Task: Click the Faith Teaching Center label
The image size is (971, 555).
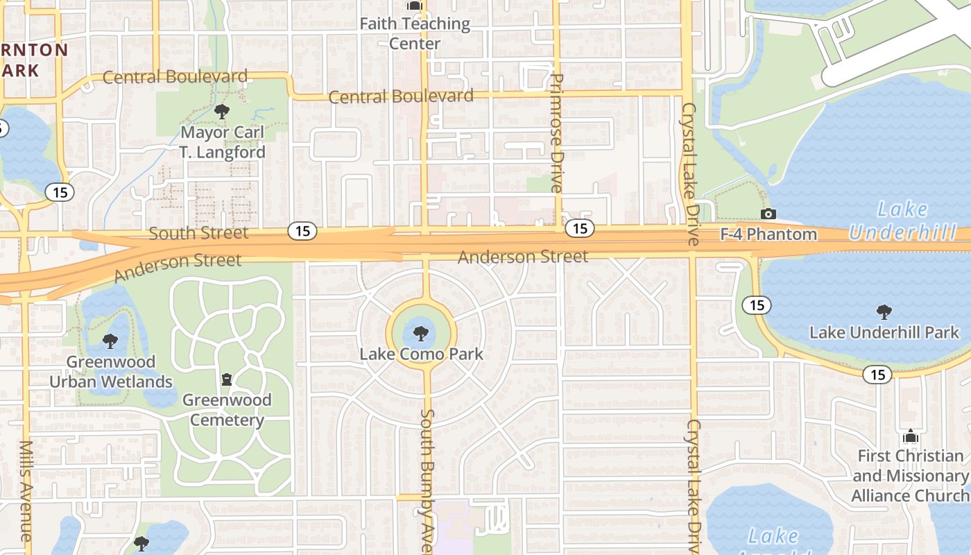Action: (415, 33)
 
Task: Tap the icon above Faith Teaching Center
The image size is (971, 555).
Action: (415, 6)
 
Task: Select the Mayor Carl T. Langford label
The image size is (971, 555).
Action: (223, 142)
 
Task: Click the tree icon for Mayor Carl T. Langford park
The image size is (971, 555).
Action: (222, 111)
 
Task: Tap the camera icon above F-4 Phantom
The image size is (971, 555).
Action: (768, 214)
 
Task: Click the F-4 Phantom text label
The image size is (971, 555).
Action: (768, 234)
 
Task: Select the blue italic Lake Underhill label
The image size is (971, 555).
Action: (902, 221)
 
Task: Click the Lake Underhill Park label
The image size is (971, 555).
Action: (884, 332)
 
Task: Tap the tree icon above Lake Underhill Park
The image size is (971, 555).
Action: (884, 311)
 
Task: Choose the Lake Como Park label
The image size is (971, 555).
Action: (421, 354)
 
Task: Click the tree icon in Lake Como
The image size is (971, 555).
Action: (420, 334)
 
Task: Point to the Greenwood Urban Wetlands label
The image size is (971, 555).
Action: (111, 372)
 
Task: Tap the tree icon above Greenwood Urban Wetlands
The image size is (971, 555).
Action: (110, 341)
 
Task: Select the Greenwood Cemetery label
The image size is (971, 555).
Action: (227, 410)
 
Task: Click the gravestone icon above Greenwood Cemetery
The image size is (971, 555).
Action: (226, 379)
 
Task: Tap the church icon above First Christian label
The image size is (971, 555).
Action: (910, 436)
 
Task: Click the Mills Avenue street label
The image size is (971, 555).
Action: (26, 490)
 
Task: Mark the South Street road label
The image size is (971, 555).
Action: (198, 233)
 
